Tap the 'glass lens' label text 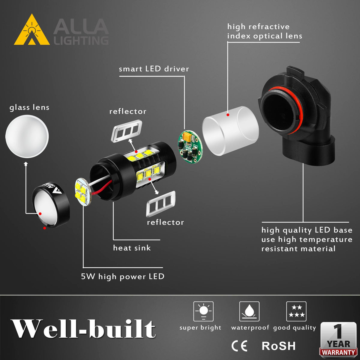[29, 107]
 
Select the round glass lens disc [27, 136]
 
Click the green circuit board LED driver [190, 146]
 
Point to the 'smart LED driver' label [154, 69]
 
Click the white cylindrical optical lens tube [230, 131]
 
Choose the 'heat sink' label [132, 248]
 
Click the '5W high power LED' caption [123, 277]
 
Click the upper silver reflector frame [127, 131]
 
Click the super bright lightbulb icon [203, 311]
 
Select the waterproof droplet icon [249, 311]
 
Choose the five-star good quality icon [296, 311]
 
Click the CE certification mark [239, 346]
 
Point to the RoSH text [278, 346]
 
